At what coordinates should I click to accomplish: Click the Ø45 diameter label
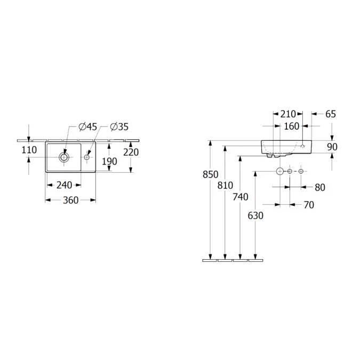[88, 127]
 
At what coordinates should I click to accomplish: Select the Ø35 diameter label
[119, 127]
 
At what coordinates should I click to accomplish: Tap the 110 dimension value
[29, 150]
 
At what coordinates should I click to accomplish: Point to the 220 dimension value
[131, 152]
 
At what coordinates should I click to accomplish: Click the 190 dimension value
[109, 162]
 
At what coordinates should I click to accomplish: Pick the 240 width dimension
[65, 185]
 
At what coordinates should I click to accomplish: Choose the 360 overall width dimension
[71, 200]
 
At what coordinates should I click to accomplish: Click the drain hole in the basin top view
[64, 157]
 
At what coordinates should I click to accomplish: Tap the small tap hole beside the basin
[87, 157]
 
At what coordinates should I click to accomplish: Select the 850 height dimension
[210, 174]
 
